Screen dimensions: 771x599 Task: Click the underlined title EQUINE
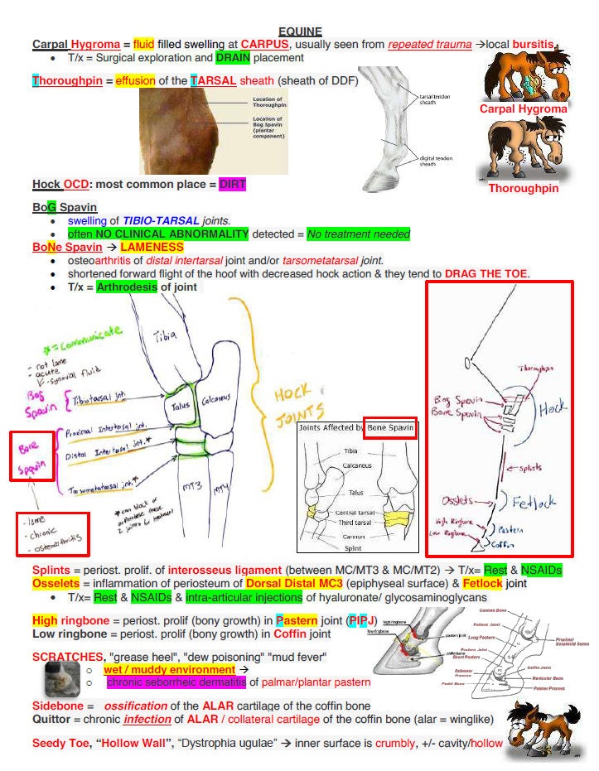pos(300,31)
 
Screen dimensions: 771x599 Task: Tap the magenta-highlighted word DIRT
pos(232,184)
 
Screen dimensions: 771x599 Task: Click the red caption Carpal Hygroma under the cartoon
pos(523,108)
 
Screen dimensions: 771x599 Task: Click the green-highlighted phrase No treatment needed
pos(358,234)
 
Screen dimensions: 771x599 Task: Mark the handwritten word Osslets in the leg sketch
pos(457,500)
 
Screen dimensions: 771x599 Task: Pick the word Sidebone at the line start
pos(56,706)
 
